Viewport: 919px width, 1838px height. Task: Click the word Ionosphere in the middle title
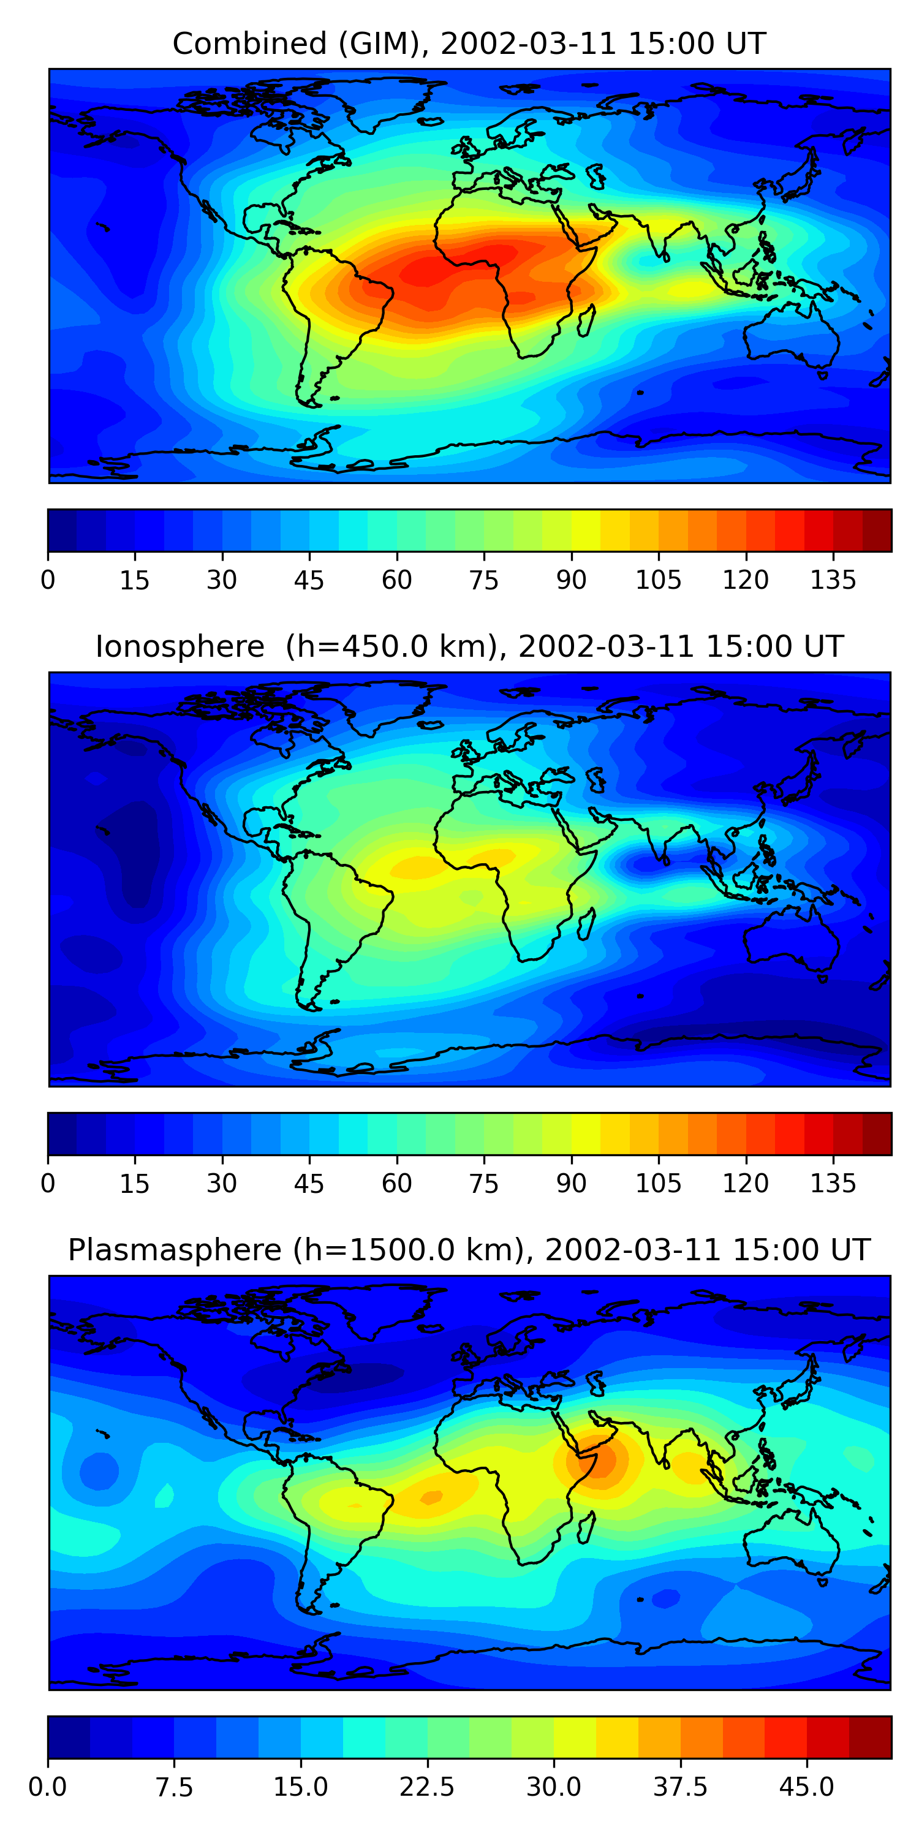pyautogui.click(x=180, y=646)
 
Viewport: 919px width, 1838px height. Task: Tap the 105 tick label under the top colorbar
pyautogui.click(x=658, y=580)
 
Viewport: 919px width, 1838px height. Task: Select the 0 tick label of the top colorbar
pyautogui.click(x=48, y=580)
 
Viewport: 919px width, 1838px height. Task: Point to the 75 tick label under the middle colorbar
pyautogui.click(x=484, y=1184)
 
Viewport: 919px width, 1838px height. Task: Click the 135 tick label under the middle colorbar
pyautogui.click(x=833, y=1184)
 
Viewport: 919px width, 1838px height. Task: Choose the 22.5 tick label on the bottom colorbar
pyautogui.click(x=426, y=1787)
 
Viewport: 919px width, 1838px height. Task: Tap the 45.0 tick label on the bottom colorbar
pyautogui.click(x=806, y=1787)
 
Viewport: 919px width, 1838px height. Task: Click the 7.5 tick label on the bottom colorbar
pyautogui.click(x=174, y=1787)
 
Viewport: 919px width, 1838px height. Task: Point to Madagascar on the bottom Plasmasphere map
pyautogui.click(x=586, y=1527)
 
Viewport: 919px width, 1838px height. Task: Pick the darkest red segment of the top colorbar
pyautogui.click(x=877, y=530)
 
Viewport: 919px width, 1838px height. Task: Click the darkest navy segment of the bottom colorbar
pyautogui.click(x=69, y=1737)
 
